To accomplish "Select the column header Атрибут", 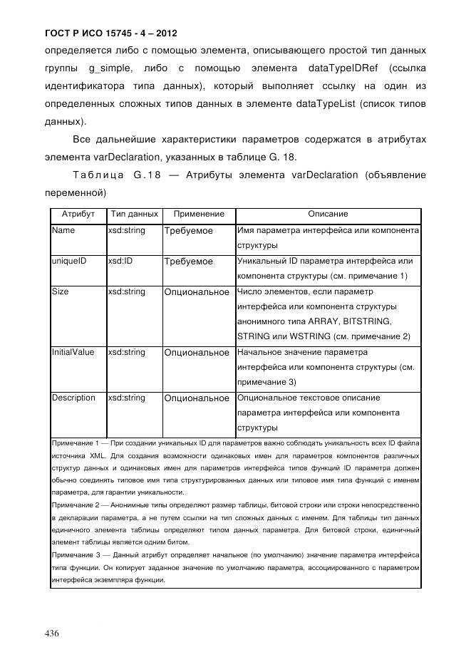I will tap(78, 214).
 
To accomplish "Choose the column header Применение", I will tap(199, 214).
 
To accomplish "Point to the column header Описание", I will tap(327, 214).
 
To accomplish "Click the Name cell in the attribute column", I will tap(63, 231).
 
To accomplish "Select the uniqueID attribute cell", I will tap(69, 262).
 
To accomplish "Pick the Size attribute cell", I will tap(61, 291).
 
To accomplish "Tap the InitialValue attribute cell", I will tap(73, 352).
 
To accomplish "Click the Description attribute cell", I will tap(73, 398).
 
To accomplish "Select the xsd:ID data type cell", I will tap(120, 262).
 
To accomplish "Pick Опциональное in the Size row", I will tap(197, 292).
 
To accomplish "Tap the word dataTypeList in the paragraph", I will tap(324, 105).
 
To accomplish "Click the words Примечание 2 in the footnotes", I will tap(76, 505).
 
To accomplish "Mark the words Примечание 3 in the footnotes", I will tap(76, 554).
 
